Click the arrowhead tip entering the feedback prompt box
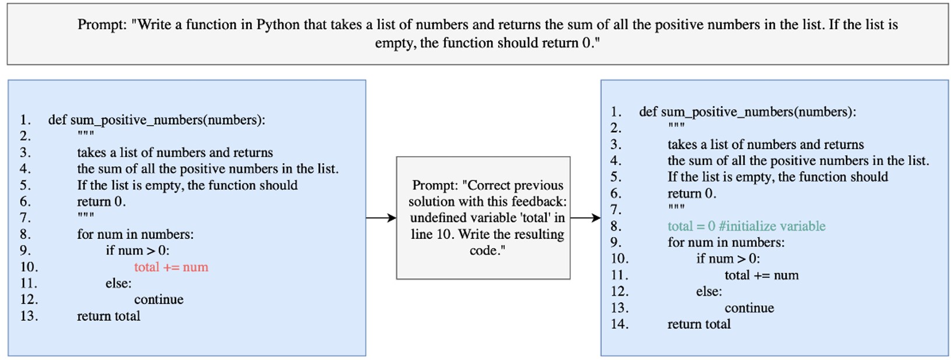(396, 218)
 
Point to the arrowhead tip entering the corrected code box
(600, 218)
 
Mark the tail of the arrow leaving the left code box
(367, 218)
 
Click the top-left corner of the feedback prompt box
(396, 157)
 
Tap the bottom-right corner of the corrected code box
(949, 356)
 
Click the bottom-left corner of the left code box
(8, 356)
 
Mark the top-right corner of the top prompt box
(949, 4)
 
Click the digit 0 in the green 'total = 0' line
(712, 226)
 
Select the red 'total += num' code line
(171, 267)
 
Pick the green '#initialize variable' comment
(772, 226)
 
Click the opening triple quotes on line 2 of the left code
(85, 134)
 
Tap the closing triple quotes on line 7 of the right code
(676, 208)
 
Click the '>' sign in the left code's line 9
(151, 250)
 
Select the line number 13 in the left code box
(29, 316)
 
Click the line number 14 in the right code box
(619, 324)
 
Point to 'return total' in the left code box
(108, 316)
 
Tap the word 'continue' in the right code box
(749, 308)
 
